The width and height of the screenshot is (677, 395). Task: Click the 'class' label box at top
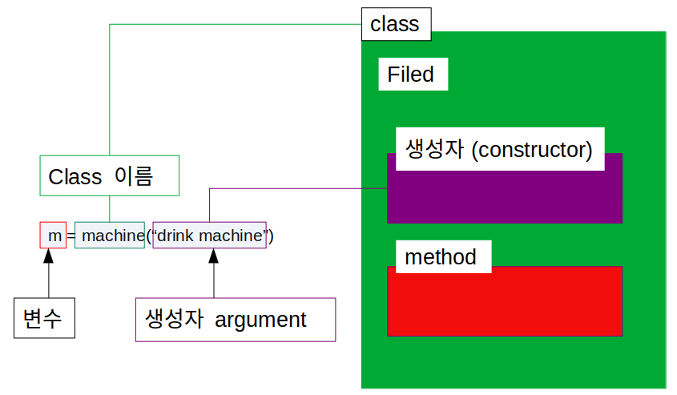point(396,24)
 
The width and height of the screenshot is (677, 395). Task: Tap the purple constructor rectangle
point(505,197)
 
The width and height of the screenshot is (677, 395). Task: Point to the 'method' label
point(441,257)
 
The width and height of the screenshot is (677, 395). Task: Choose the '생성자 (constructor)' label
point(499,149)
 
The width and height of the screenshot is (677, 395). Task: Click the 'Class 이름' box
point(109,175)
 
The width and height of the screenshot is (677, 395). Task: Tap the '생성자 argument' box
point(236,320)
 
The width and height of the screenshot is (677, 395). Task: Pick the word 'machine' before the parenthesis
point(111,236)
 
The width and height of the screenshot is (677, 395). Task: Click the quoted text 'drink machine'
point(210,236)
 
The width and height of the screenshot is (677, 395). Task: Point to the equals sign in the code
point(71,236)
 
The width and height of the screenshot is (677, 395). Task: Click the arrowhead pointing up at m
point(49,256)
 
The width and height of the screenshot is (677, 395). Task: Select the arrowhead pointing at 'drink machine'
point(213,256)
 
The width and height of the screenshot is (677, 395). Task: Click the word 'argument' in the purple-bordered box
point(260,320)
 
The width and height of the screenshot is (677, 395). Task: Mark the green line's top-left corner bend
point(109,25)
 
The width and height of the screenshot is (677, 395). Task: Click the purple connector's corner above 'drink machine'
point(209,188)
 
